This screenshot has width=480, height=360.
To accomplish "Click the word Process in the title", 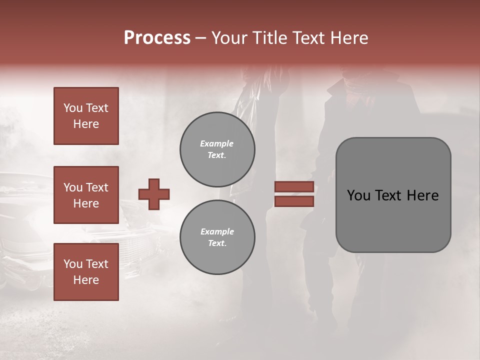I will point(157,38).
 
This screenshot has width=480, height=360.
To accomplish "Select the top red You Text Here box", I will point(86,116).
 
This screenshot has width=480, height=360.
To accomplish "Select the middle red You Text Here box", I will point(86,195).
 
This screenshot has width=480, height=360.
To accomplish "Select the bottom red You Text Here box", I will point(86,272).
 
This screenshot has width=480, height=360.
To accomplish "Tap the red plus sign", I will point(154,194).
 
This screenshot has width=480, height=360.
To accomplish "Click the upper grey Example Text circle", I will point(217,149).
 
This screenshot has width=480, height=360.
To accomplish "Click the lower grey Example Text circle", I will point(217,237).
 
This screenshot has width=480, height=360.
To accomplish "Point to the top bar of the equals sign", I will point(294,186).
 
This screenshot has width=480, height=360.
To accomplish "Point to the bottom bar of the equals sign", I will point(294,201).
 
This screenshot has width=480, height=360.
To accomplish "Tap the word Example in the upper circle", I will point(217,143).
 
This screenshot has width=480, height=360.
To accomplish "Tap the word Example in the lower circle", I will point(217,231).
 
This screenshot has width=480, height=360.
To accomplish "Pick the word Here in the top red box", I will point(86,124).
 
